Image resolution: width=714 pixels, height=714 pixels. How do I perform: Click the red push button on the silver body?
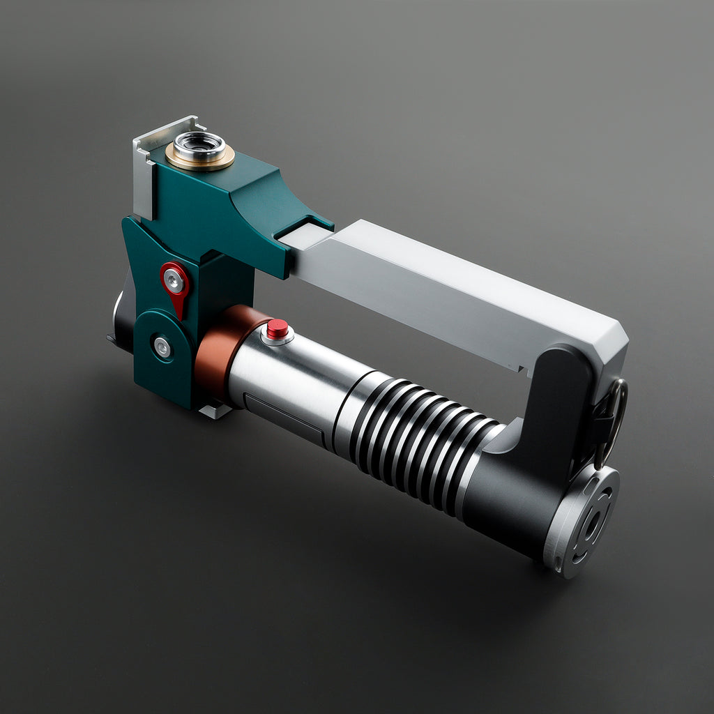278,328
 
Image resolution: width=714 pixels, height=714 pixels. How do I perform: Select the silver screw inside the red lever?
174,280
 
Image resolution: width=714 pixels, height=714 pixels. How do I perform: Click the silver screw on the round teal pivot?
162,347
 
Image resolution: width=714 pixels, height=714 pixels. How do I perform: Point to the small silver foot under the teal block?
215,411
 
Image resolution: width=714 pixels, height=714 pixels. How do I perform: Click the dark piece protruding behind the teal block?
121,321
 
